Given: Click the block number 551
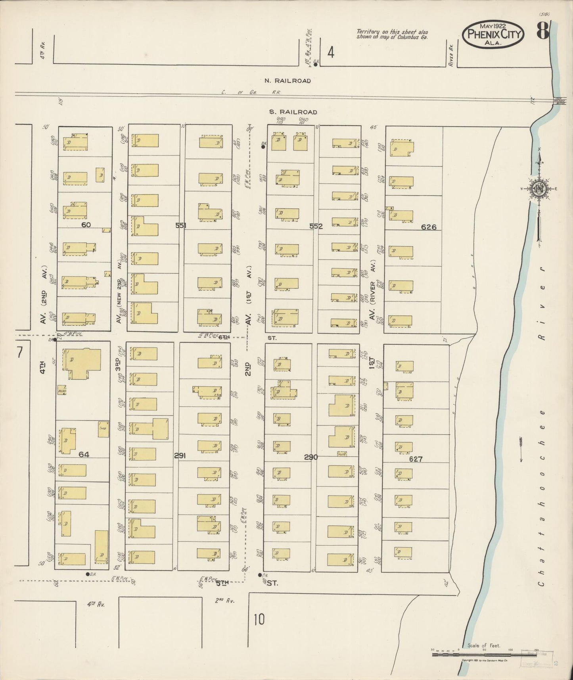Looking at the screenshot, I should (181, 225).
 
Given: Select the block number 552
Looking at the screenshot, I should (316, 227).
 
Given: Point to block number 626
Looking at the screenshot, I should (429, 227).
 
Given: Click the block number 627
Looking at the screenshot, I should (416, 459).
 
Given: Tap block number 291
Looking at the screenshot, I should (180, 456).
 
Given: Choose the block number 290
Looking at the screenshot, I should (311, 457).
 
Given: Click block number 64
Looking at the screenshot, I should (84, 454).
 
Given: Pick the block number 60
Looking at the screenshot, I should (86, 225).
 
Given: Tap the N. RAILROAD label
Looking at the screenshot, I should (287, 81).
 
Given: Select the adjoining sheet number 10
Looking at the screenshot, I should (259, 619).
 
